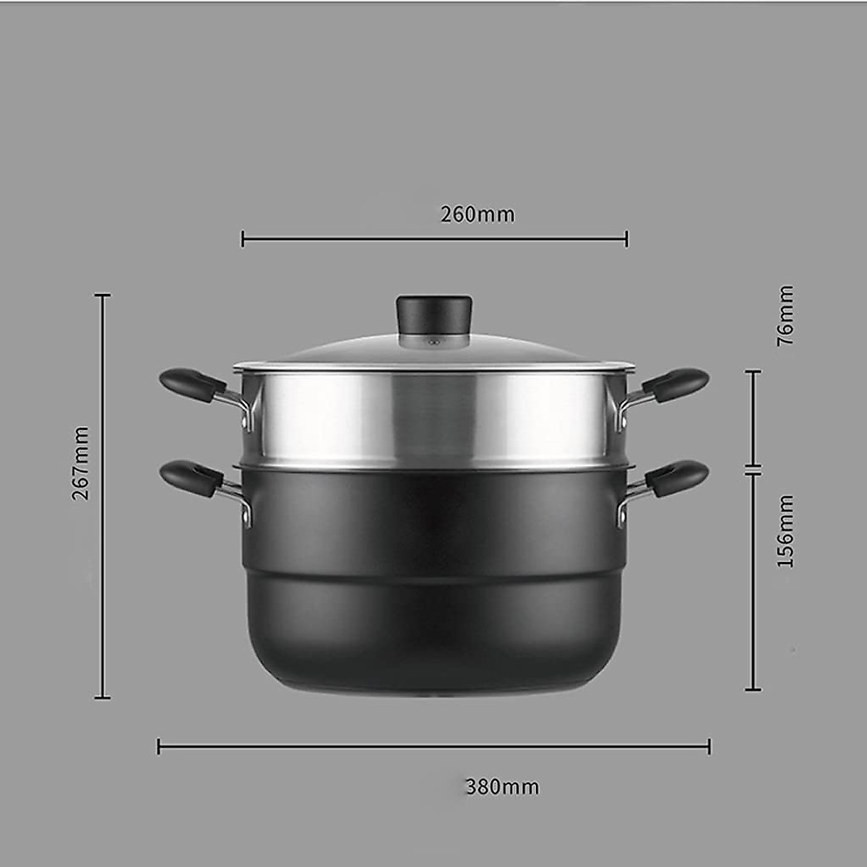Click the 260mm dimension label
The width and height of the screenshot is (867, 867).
tap(478, 215)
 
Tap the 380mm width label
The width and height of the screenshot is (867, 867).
tap(502, 786)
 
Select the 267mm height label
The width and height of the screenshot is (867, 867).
tap(81, 462)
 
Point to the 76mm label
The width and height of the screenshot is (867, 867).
tap(785, 315)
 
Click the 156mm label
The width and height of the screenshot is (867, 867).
tap(785, 530)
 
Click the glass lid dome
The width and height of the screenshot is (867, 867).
tap(433, 351)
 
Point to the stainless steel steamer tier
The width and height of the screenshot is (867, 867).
tap(433, 419)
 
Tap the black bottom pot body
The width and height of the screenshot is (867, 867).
tap(433, 578)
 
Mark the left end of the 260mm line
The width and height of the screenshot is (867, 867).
tap(243, 238)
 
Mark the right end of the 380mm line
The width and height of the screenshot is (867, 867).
tap(709, 746)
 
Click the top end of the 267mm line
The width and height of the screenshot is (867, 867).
tap(103, 295)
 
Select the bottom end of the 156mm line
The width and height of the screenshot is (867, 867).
tap(754, 689)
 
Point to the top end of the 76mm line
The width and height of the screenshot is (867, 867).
tap(754, 371)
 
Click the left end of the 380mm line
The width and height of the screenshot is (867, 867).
tap(159, 746)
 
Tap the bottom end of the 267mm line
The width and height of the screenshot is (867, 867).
tap(103, 697)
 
